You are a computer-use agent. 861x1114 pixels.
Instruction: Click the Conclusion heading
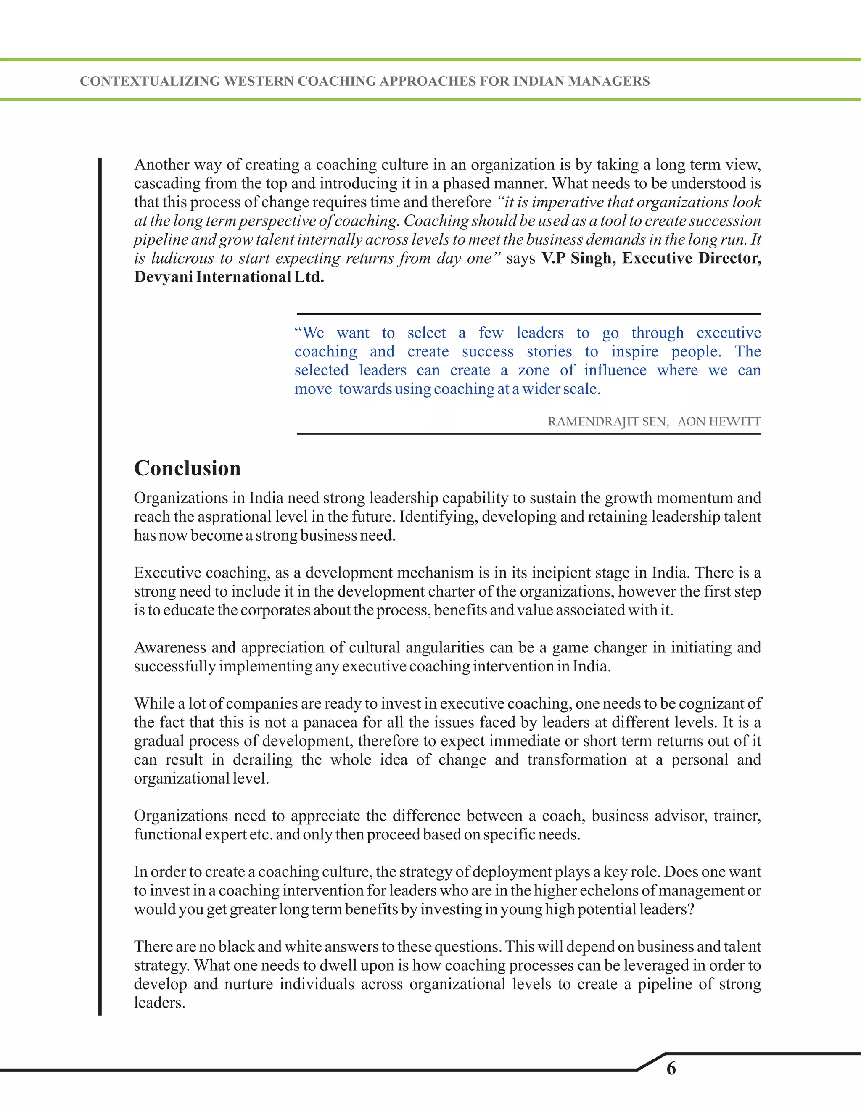(x=187, y=468)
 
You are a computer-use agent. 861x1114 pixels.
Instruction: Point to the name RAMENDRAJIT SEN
(x=607, y=422)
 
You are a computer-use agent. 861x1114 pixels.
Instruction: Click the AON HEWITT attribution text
(x=719, y=422)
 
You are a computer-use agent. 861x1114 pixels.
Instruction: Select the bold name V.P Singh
(x=578, y=258)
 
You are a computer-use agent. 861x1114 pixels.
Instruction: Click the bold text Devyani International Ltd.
(x=229, y=277)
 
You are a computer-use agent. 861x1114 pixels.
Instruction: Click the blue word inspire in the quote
(x=634, y=351)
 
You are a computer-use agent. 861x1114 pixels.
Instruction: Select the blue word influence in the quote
(x=615, y=370)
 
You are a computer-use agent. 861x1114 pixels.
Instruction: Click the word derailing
(x=263, y=760)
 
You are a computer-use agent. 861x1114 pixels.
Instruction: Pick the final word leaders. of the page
(x=159, y=1003)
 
